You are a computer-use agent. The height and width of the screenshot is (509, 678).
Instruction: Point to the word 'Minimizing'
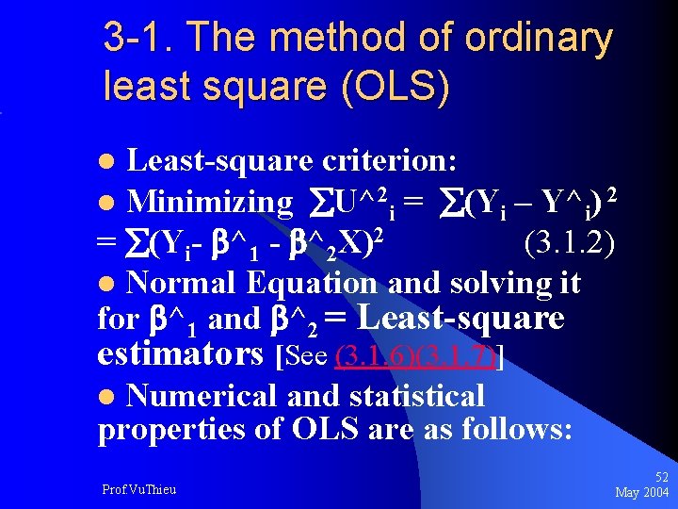pos(210,201)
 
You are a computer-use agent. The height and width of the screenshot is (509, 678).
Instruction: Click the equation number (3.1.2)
pos(569,243)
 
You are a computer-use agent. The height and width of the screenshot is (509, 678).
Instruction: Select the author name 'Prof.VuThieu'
pos(139,488)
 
